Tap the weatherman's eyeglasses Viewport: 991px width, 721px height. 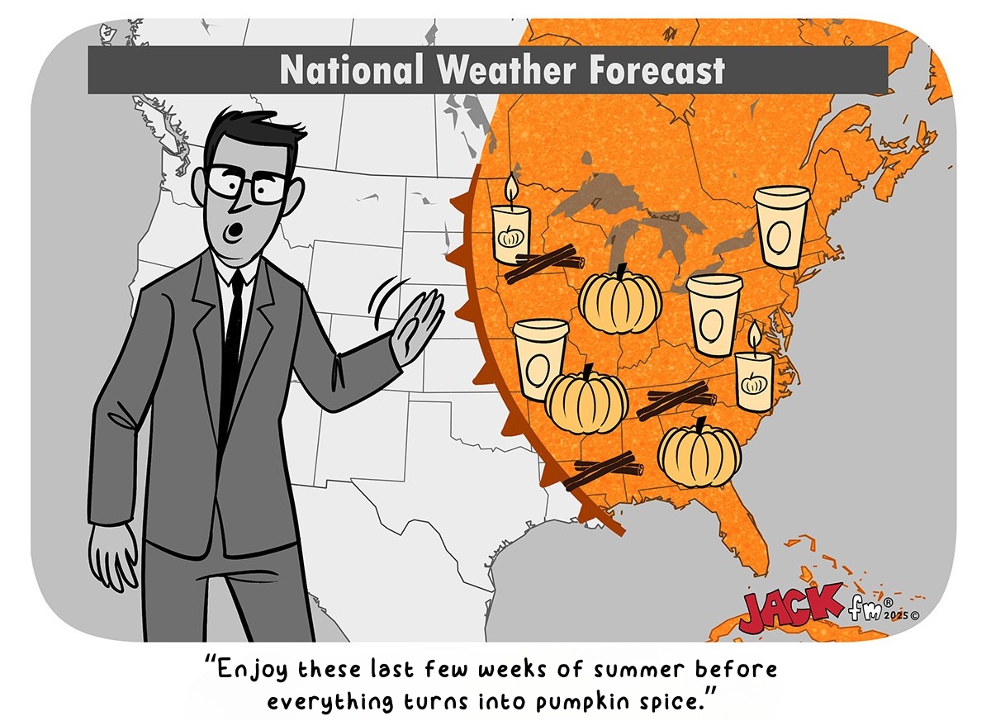click(x=248, y=184)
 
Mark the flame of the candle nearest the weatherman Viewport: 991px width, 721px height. click(x=510, y=189)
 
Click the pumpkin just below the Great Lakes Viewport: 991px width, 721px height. click(x=619, y=300)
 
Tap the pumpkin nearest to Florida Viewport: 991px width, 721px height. click(x=699, y=454)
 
